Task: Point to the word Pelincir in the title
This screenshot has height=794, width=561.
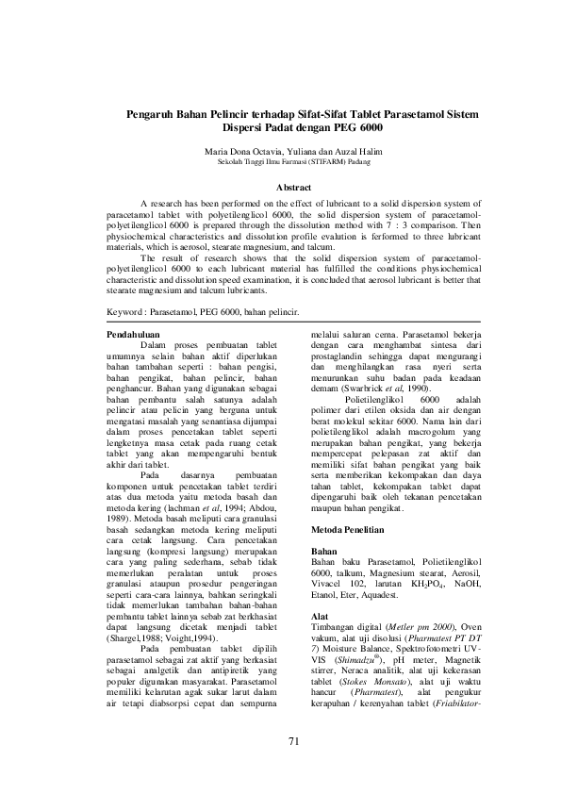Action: [233, 114]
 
